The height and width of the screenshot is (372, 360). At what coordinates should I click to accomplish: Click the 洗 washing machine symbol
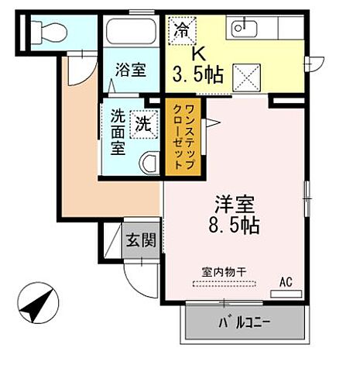pos(144,123)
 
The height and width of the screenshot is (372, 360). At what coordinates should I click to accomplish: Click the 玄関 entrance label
pos(142,239)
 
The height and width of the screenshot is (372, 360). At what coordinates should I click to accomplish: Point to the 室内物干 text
pos(225,271)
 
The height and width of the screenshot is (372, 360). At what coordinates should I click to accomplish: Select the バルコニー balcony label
pos(244,322)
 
